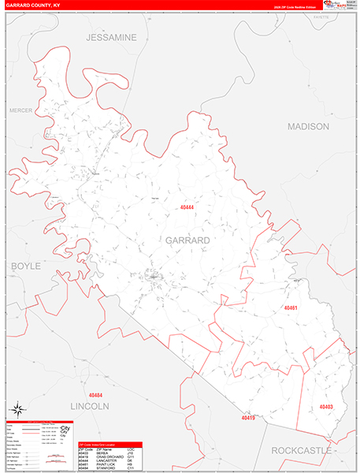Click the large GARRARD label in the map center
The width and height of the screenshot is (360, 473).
click(x=187, y=240)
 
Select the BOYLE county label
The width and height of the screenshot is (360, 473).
click(x=25, y=266)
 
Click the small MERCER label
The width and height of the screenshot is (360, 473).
click(x=20, y=110)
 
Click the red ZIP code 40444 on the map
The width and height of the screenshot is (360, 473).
click(x=187, y=207)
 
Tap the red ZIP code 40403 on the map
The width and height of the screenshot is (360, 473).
click(x=326, y=407)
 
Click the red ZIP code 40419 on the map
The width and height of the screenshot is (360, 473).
click(x=249, y=419)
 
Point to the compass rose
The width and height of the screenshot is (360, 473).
click(x=17, y=409)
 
